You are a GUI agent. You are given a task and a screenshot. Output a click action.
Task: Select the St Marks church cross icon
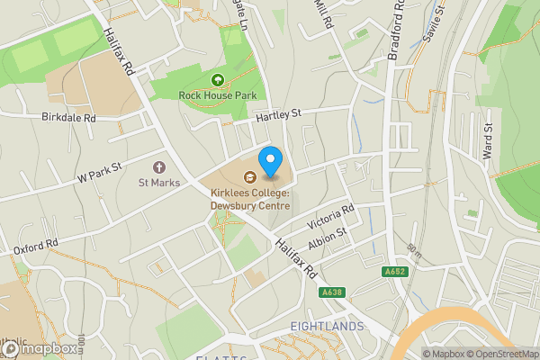(159, 167)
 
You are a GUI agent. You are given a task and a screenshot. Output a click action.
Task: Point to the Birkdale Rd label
(68, 118)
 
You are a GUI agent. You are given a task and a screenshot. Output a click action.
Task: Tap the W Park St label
(99, 171)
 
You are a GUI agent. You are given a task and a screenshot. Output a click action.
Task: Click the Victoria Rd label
(331, 216)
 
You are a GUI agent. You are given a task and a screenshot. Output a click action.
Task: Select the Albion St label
(327, 238)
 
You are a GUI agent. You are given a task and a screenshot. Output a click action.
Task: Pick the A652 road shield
(393, 272)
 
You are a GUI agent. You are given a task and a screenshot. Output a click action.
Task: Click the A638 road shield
(332, 292)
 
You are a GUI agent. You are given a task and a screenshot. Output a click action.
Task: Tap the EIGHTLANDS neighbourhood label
(327, 325)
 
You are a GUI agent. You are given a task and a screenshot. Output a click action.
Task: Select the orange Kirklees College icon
(248, 177)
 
